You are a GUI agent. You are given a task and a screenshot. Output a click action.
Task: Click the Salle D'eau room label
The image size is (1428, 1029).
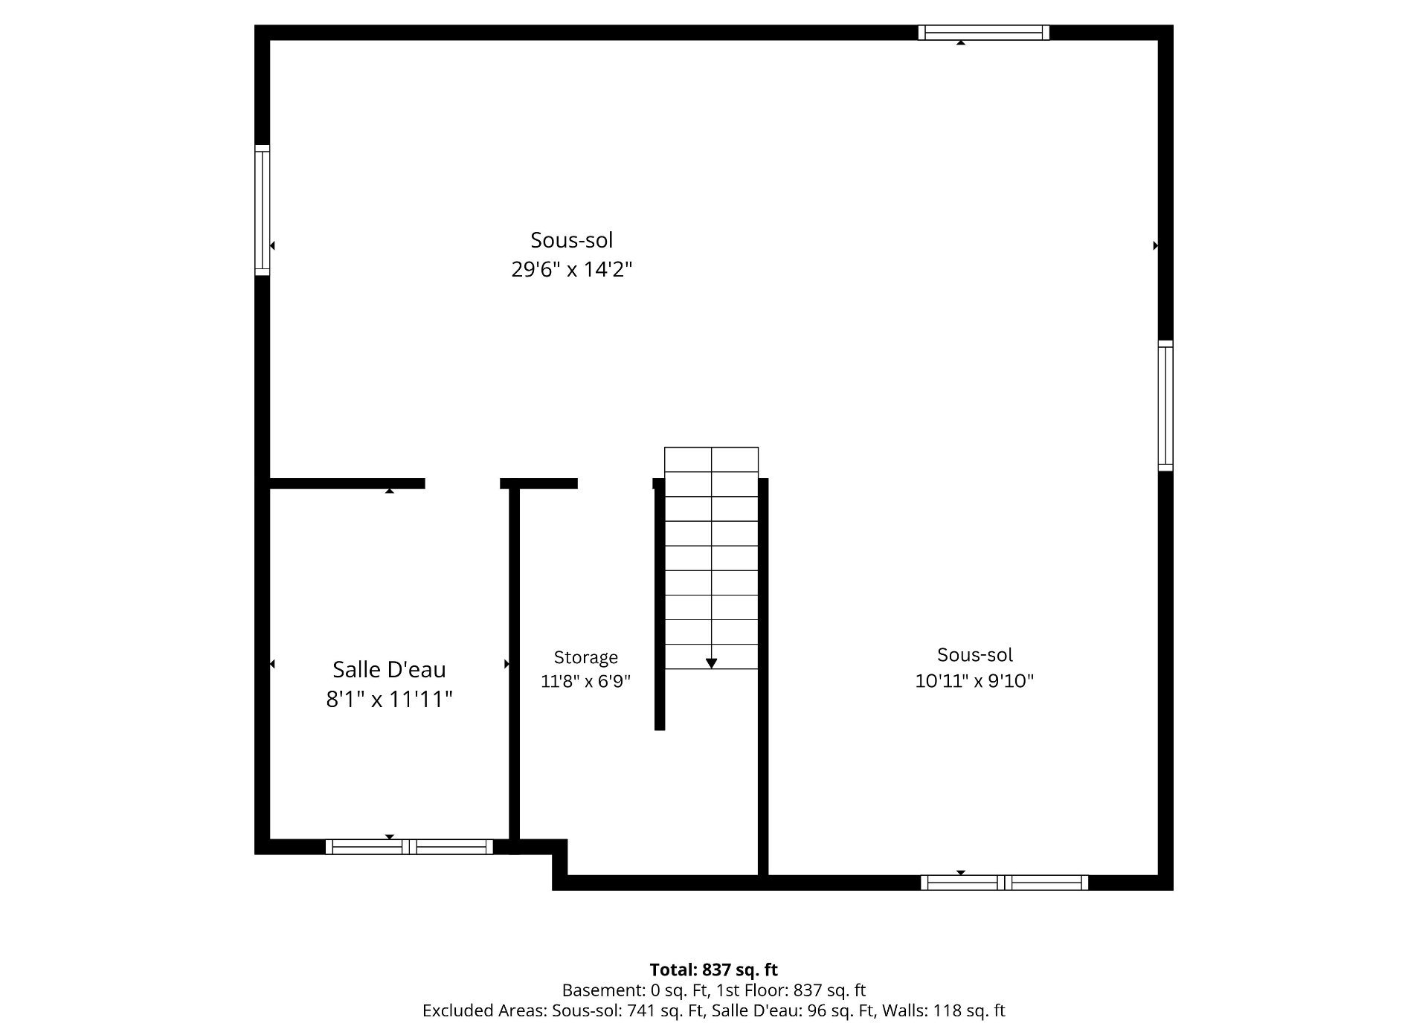click(x=389, y=669)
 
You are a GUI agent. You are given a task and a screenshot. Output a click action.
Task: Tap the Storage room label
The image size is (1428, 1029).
click(x=586, y=657)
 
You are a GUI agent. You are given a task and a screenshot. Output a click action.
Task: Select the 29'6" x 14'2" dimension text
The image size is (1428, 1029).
click(x=571, y=268)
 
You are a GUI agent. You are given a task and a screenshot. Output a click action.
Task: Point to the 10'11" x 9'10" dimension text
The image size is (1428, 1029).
click(x=974, y=680)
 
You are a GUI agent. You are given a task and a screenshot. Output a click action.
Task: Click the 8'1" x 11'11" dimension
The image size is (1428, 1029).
click(x=389, y=699)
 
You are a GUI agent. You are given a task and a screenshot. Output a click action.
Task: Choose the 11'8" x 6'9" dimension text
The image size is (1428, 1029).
click(x=585, y=681)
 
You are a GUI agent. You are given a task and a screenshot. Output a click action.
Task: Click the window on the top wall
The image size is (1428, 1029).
click(x=983, y=33)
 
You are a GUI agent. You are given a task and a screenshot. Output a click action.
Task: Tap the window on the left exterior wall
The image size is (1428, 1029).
click(x=263, y=210)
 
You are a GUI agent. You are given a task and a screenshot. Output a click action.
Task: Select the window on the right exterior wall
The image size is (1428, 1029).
click(x=1165, y=405)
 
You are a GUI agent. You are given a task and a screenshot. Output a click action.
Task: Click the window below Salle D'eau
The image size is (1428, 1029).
click(x=409, y=847)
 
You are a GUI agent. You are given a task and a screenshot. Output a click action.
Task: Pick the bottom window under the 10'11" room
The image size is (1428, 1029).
click(x=1005, y=883)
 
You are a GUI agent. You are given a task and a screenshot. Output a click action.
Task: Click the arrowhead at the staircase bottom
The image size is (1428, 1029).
click(x=711, y=663)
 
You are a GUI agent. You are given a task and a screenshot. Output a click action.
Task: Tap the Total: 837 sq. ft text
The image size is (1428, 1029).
click(x=714, y=970)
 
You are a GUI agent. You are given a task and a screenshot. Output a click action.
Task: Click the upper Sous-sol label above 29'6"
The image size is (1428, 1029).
click(x=571, y=239)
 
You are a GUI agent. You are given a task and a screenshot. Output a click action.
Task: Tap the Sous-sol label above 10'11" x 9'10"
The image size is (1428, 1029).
click(x=974, y=654)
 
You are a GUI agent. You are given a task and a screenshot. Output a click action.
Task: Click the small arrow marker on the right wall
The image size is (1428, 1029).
click(x=1156, y=245)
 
